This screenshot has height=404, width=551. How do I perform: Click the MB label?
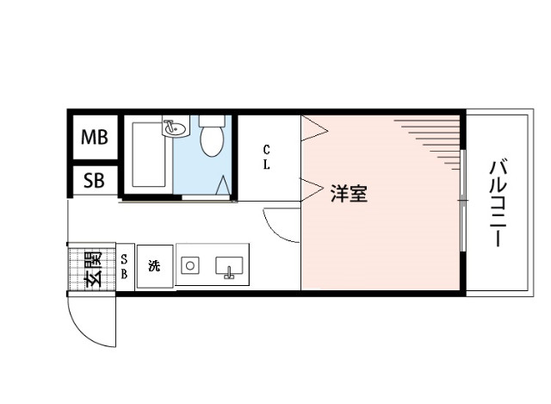(x=95, y=137)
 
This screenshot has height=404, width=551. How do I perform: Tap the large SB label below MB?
(x=95, y=181)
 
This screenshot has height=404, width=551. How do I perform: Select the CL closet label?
(x=268, y=158)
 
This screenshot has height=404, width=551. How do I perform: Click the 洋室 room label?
(x=349, y=193)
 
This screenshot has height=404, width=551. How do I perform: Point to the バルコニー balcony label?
(x=497, y=203)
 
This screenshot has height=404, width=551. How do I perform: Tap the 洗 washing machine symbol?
(x=155, y=266)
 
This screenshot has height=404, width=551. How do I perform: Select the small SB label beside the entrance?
(x=125, y=267)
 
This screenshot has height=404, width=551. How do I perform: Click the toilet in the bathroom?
(x=211, y=138)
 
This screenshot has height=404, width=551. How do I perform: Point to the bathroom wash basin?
(x=175, y=129)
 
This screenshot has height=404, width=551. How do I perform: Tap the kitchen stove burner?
(x=190, y=265)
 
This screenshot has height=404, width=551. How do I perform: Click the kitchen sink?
(x=229, y=266)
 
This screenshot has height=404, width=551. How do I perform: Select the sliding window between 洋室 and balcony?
(x=463, y=202)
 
